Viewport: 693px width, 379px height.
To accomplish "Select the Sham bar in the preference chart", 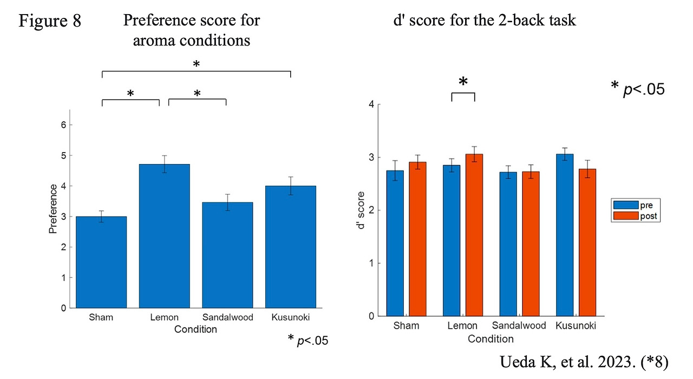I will tap(101, 262).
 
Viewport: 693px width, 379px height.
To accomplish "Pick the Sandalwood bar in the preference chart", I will tap(227, 255).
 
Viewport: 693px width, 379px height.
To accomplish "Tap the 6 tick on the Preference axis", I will tap(70, 125).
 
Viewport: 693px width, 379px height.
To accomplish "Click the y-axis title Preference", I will tap(53, 209).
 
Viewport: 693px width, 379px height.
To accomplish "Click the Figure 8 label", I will tap(50, 21).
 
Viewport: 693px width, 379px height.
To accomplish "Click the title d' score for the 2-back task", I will tap(485, 21).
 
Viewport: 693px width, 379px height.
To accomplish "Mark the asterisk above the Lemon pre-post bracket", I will tap(463, 82).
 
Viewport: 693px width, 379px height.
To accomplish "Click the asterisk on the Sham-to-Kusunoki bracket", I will tap(197, 64).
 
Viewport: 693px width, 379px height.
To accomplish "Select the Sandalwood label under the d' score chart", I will tap(518, 326).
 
